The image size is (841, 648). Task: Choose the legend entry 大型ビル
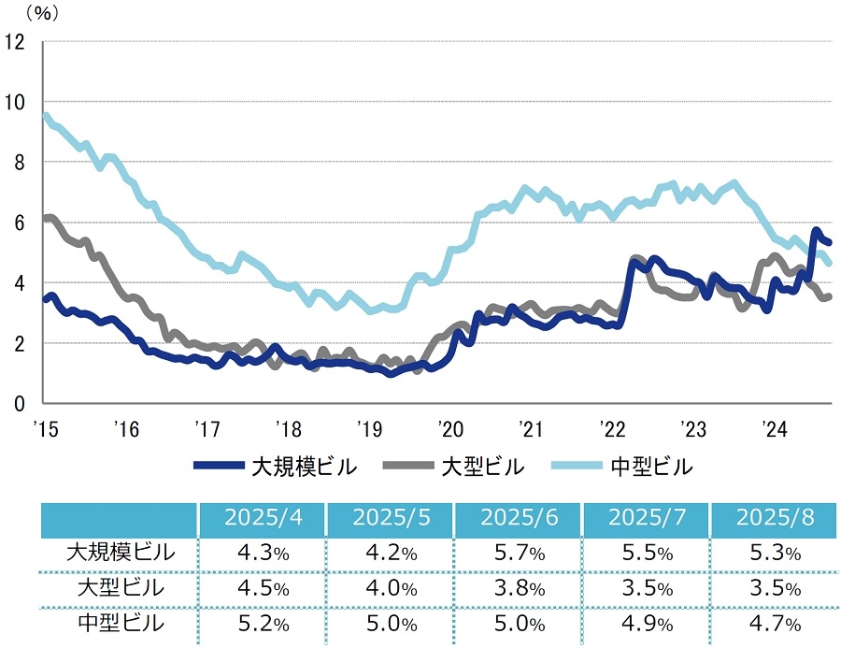[x=482, y=466]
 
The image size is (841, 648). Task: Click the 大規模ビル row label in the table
[x=120, y=553]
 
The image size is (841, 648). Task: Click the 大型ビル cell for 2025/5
[x=391, y=588]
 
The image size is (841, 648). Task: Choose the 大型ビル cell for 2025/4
[x=263, y=588]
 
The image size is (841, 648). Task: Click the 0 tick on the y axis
[x=19, y=404]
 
